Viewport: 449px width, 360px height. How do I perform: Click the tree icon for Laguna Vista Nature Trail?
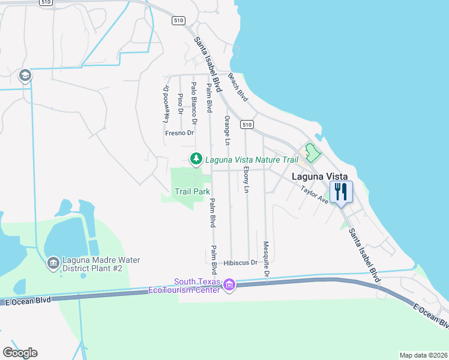coord(195,160)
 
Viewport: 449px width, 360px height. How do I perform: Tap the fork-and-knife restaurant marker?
coord(340,192)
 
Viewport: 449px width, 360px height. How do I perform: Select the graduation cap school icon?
coord(25,76)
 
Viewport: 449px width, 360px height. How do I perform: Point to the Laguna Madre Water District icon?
coord(53,263)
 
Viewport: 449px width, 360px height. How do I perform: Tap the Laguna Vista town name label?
coord(319,177)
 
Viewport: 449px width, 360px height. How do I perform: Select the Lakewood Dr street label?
coord(167,104)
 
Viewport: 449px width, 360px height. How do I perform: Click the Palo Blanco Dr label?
coord(194,100)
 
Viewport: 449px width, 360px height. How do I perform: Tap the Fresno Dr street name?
coord(179,133)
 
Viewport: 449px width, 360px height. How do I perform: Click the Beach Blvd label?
coord(238,86)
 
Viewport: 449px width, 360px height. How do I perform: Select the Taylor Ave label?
coord(315,194)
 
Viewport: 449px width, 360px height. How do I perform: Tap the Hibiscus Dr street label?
coord(240,263)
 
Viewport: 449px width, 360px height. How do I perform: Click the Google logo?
coord(20,353)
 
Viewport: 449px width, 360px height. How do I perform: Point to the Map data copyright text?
coord(424,355)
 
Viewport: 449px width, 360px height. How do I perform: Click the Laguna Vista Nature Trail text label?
coord(252,160)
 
